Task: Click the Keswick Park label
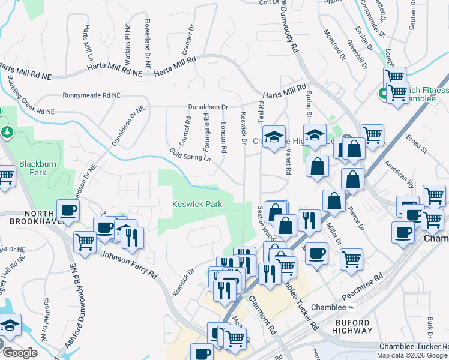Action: [x=197, y=205]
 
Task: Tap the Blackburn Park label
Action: [x=32, y=167]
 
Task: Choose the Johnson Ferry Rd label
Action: [x=128, y=265]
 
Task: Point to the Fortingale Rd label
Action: [x=206, y=131]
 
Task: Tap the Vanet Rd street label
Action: [x=288, y=162]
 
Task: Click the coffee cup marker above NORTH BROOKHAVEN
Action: [x=68, y=210]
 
